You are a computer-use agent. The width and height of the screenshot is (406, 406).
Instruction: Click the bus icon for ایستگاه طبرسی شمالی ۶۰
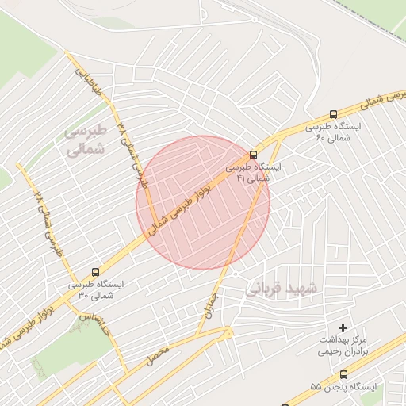334,114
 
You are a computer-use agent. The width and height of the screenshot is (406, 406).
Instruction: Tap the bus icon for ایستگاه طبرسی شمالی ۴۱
253,155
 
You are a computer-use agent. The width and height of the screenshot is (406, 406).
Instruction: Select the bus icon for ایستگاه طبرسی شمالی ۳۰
96,271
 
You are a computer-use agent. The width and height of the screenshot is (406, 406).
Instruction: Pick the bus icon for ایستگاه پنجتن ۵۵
343,374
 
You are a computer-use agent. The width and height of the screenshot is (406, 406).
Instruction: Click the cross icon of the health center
343,327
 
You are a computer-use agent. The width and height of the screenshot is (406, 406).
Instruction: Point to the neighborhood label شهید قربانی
281,288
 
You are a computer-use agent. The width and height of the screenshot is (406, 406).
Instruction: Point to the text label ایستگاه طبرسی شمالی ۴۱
248,173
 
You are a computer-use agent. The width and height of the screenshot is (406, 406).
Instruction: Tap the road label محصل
158,359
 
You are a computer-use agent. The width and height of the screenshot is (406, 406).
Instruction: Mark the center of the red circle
203,202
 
